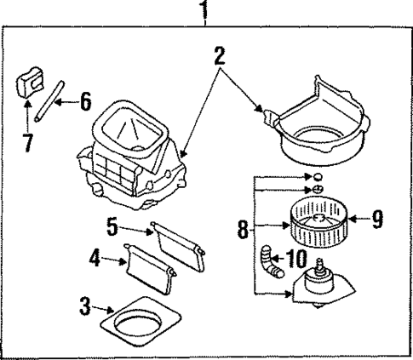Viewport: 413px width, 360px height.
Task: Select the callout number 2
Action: coord(219,57)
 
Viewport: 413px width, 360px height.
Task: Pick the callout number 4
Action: coord(96,258)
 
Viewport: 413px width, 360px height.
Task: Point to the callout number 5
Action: coord(113,227)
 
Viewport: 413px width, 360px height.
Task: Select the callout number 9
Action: coord(377,220)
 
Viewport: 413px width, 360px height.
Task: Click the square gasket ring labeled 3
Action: coord(140,323)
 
